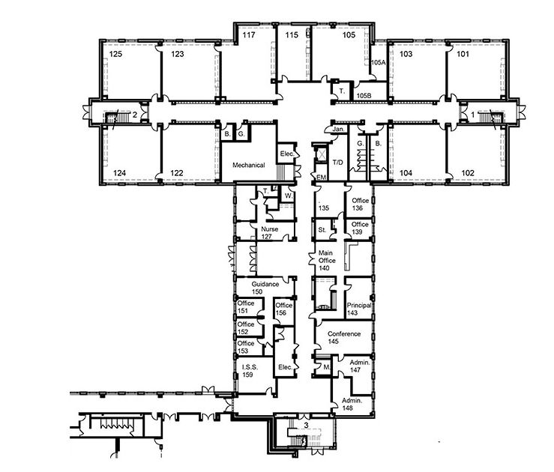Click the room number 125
[x=115, y=54]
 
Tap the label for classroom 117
[x=249, y=35]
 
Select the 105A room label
[x=378, y=62]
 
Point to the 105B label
[x=364, y=95]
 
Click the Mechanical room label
[x=249, y=165]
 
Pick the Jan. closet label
[x=338, y=129]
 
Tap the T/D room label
[x=338, y=163]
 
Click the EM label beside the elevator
[x=321, y=178]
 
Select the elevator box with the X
[x=322, y=154]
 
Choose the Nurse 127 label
[x=269, y=233]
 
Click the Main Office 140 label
[x=326, y=261]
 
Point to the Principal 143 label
[x=359, y=309]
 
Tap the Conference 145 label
[x=344, y=337]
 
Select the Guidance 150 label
[x=265, y=288]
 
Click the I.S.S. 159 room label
[x=250, y=371]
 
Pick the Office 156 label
[x=283, y=309]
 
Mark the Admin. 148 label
[x=352, y=405]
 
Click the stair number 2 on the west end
[x=135, y=115]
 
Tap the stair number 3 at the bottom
[x=306, y=426]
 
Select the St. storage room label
[x=322, y=230]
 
